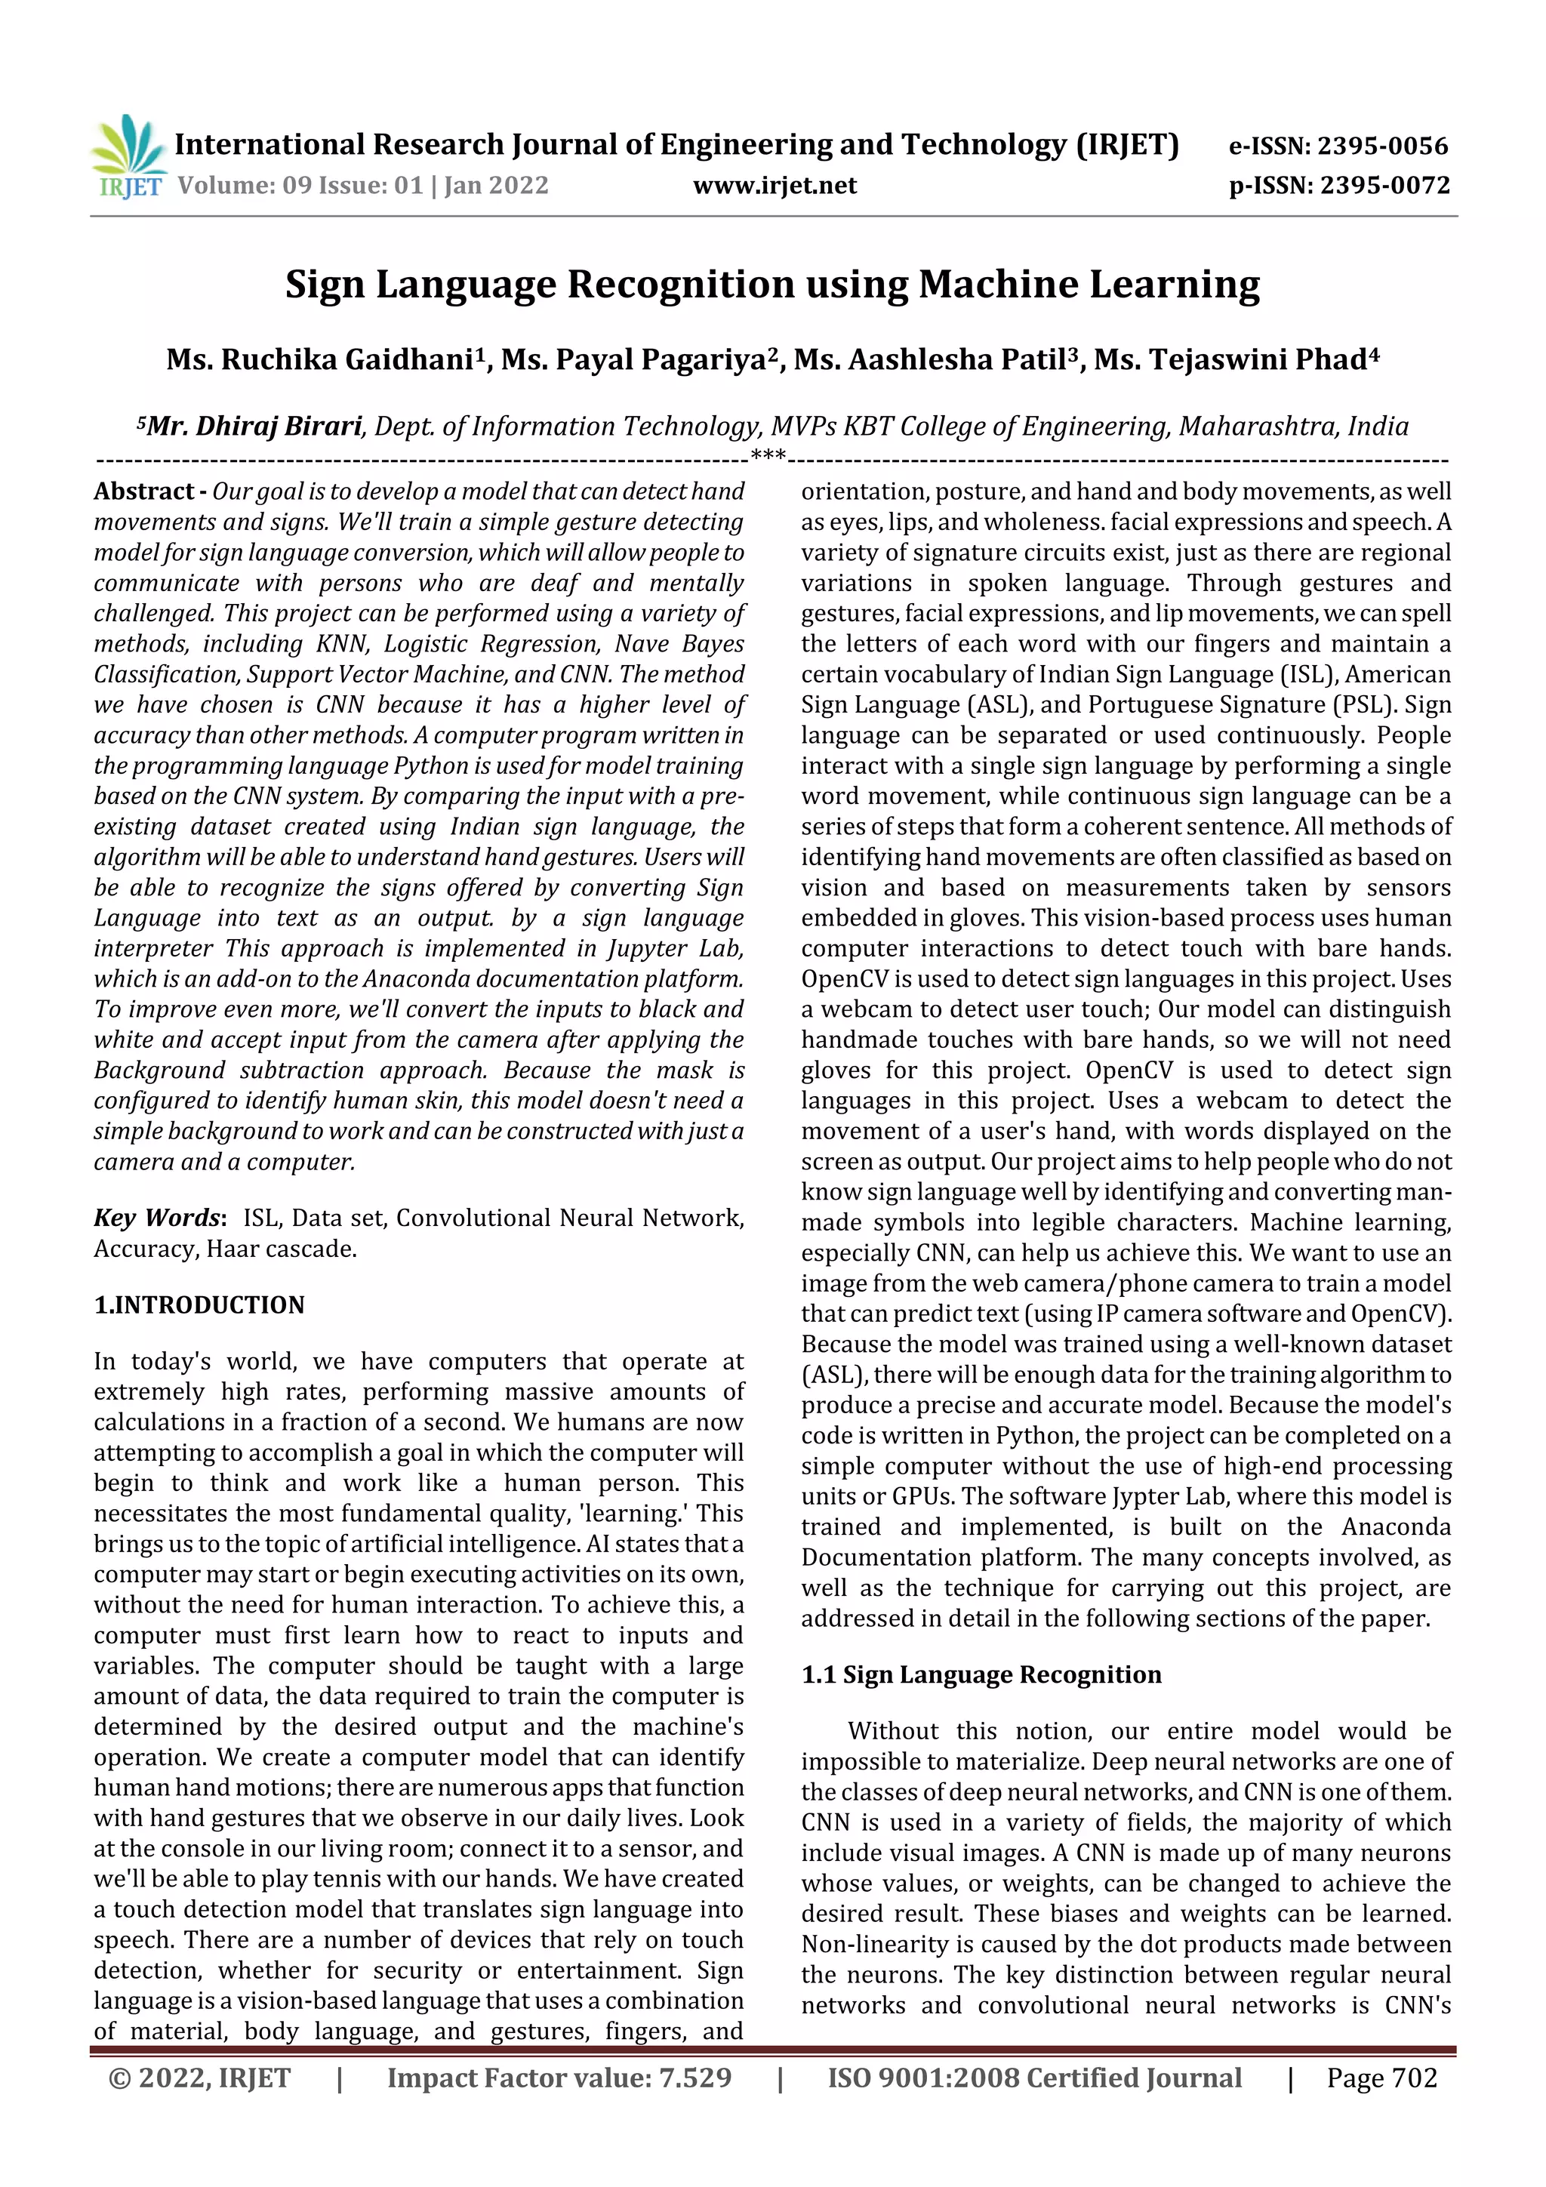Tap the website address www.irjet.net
pos(775,185)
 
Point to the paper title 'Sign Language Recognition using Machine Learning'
pos(772,284)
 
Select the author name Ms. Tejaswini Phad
pos(1230,359)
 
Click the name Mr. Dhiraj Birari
pos(254,426)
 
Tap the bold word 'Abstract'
pos(144,491)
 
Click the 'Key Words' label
pos(157,1218)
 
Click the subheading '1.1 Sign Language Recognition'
pos(981,1674)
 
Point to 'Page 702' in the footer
pos(1381,2078)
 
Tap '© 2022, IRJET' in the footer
pos(200,2078)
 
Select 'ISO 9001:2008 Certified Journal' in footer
pos(1034,2078)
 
